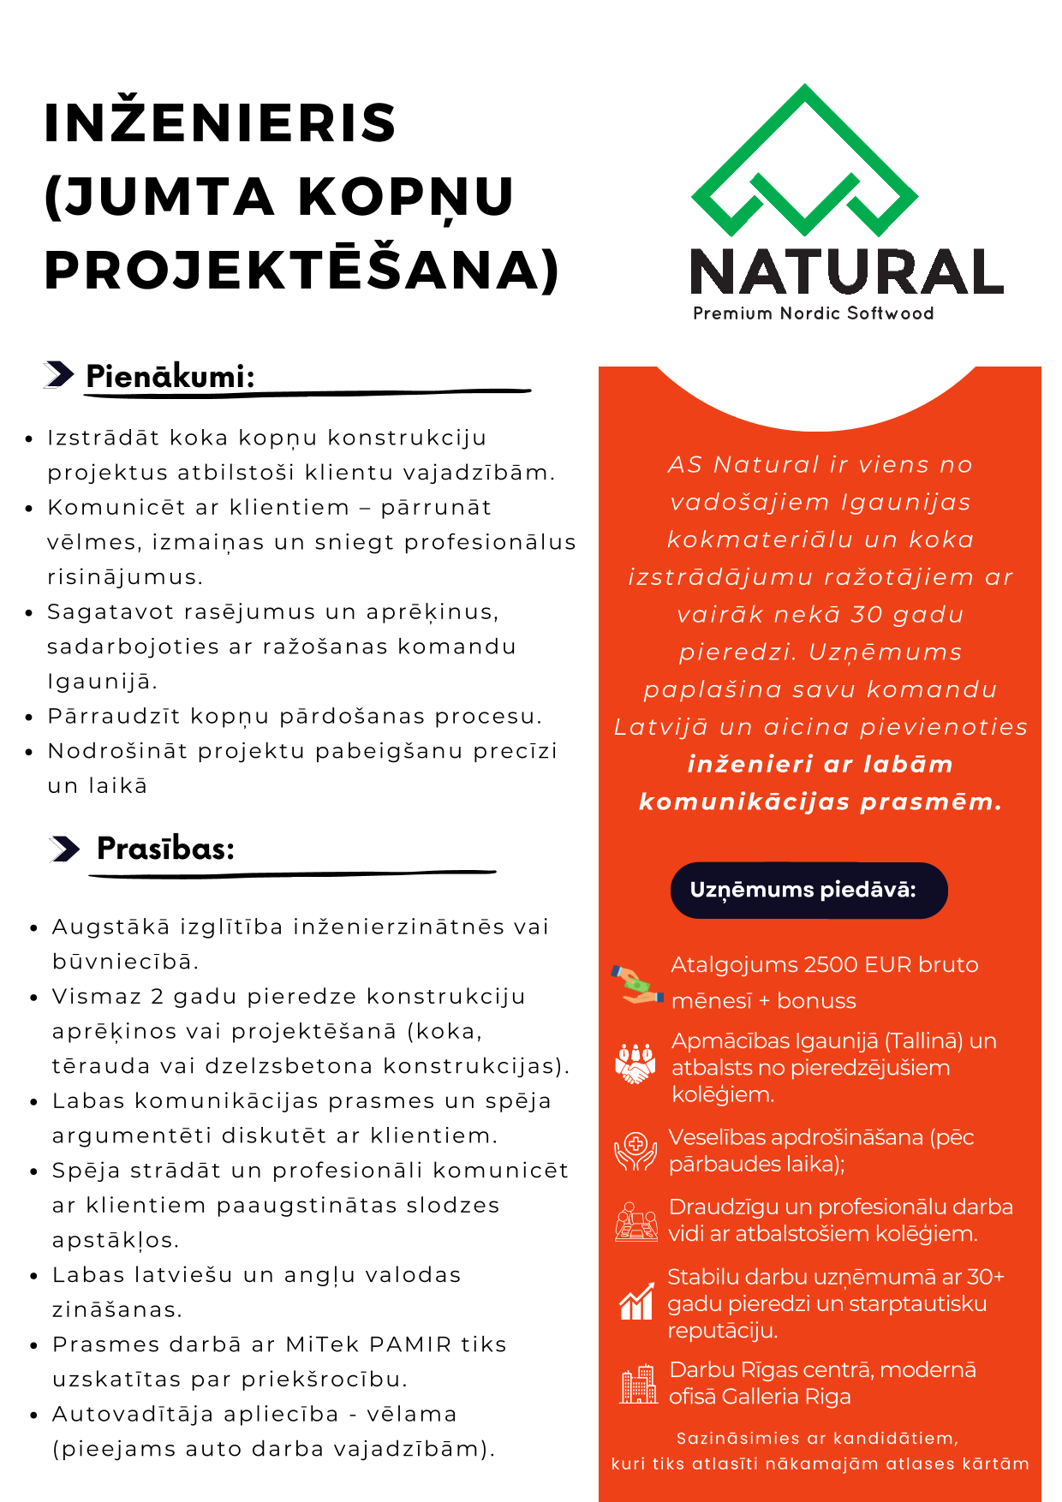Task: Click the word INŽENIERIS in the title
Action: [220, 122]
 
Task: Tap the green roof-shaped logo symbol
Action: [804, 163]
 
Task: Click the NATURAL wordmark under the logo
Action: [846, 273]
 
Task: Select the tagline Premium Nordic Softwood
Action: [813, 313]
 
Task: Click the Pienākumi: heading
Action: [170, 376]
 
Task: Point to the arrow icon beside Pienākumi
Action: [58, 374]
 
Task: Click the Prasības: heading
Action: [165, 849]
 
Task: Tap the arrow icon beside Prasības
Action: [64, 849]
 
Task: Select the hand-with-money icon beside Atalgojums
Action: [636, 984]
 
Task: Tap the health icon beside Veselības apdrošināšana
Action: [635, 1151]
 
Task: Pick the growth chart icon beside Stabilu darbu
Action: [635, 1302]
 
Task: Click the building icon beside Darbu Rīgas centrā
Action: [637, 1384]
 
